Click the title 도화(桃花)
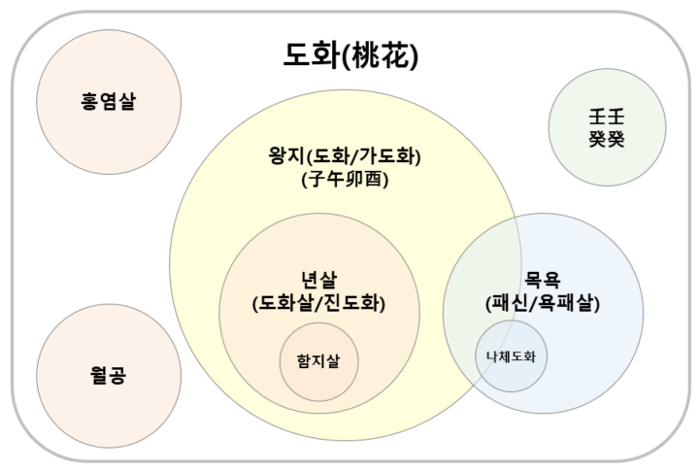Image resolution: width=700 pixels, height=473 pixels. (x=351, y=56)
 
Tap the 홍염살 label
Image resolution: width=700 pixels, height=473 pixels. (x=109, y=99)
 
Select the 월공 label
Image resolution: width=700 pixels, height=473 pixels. (x=109, y=374)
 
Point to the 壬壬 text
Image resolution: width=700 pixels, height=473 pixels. (x=607, y=115)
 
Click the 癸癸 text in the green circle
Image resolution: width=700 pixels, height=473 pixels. (x=607, y=137)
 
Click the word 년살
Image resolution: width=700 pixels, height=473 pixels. (x=319, y=279)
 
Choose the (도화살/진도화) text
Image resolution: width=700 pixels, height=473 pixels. (x=319, y=302)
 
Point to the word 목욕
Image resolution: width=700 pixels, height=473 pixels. (x=543, y=279)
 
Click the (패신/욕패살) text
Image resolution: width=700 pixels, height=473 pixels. (x=543, y=302)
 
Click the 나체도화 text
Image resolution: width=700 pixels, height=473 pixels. (x=511, y=356)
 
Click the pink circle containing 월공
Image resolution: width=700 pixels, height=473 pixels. (x=109, y=408)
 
